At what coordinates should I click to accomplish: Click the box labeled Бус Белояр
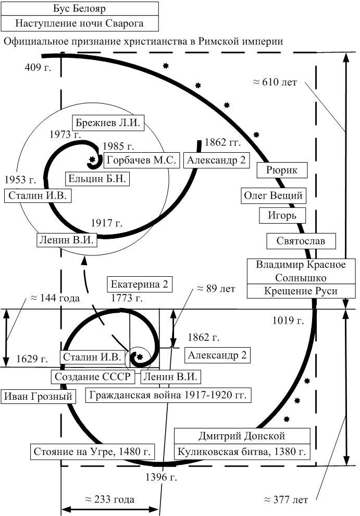79,8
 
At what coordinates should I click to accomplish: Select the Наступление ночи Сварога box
79,23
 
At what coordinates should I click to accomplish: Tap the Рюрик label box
282,170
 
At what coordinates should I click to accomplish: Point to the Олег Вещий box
273,195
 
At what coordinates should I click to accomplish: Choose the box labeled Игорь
282,216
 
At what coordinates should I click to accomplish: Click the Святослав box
301,241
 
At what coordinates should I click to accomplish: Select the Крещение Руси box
301,291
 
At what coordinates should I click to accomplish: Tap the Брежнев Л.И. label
108,123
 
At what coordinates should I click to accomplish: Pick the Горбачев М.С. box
142,160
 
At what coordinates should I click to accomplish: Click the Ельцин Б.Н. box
97,179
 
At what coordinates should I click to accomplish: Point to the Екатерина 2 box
140,285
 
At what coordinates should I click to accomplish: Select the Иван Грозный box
38,396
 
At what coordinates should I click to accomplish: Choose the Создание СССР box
93,376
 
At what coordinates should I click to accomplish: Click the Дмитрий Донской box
242,436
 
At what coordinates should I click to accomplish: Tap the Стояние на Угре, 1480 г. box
92,452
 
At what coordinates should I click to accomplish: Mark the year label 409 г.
38,67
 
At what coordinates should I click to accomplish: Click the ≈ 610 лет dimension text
275,82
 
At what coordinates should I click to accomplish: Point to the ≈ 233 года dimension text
110,499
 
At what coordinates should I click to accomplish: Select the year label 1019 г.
288,321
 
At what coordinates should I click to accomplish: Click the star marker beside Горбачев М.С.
92,159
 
